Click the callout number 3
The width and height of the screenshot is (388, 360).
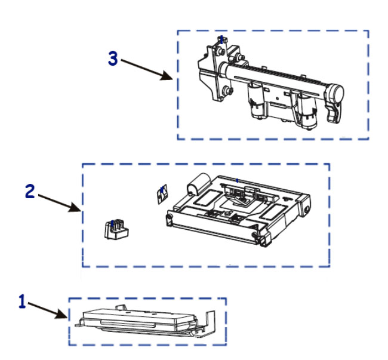pyautogui.click(x=113, y=59)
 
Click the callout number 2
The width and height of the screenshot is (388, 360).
pyautogui.click(x=30, y=191)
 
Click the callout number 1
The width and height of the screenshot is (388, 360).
pyautogui.click(x=22, y=301)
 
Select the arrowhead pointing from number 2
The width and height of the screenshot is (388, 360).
pyautogui.click(x=75, y=207)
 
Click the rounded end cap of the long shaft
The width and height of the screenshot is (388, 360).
pyautogui.click(x=336, y=92)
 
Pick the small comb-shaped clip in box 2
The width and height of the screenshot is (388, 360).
pyautogui.click(x=116, y=229)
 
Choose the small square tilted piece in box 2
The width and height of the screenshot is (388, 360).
pyautogui.click(x=162, y=194)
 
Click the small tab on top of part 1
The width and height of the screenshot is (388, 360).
pyautogui.click(x=121, y=307)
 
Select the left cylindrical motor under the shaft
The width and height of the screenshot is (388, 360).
pyautogui.click(x=257, y=101)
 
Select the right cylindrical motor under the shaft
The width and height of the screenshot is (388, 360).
pyautogui.click(x=306, y=110)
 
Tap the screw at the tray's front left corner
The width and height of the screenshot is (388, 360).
pyautogui.click(x=170, y=217)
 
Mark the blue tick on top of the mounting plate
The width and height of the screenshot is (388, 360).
pyautogui.click(x=221, y=39)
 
